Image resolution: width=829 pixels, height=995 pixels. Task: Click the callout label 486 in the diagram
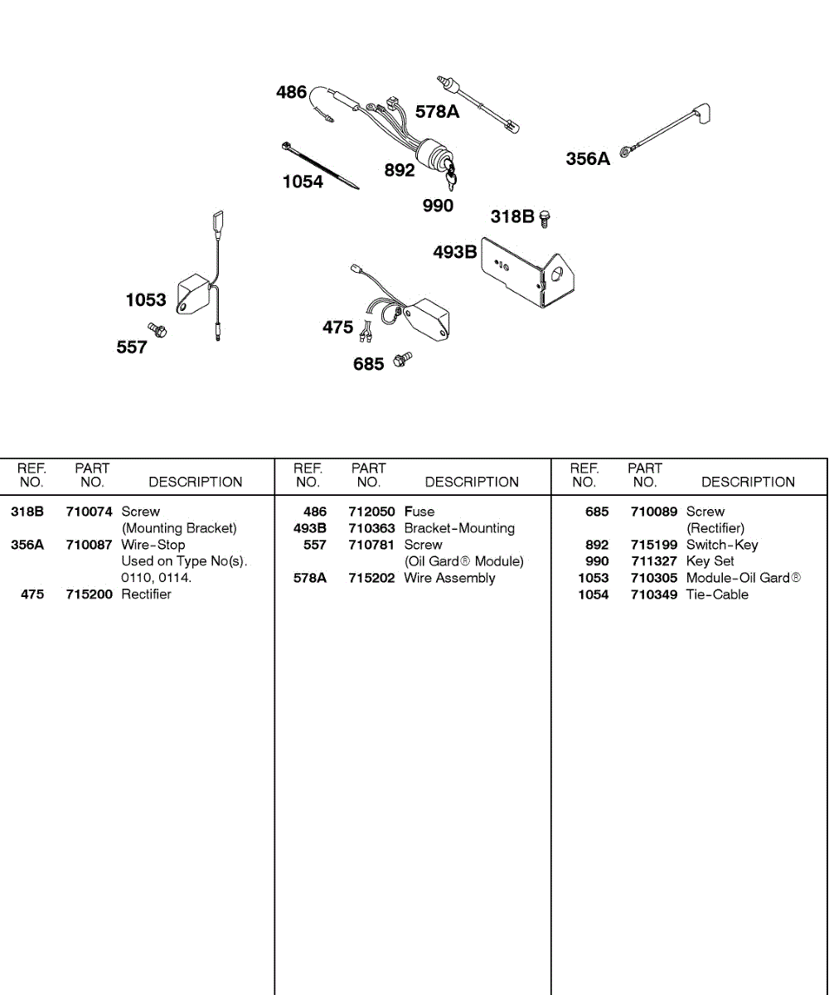click(x=291, y=92)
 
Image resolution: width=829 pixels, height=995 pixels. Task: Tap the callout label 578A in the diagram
click(x=437, y=112)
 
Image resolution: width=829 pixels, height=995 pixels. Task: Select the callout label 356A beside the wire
click(x=588, y=158)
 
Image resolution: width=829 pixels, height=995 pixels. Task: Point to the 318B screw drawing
click(x=545, y=218)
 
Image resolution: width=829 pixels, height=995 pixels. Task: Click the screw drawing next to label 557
click(x=158, y=329)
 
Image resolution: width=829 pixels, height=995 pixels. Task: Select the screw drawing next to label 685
click(x=402, y=359)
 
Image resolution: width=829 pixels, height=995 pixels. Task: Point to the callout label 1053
click(x=146, y=300)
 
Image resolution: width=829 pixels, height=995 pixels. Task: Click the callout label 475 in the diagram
click(x=337, y=328)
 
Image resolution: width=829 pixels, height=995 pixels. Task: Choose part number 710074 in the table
click(x=89, y=512)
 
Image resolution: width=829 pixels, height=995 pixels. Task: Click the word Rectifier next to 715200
click(x=147, y=595)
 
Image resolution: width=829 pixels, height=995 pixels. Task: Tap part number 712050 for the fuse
click(x=371, y=512)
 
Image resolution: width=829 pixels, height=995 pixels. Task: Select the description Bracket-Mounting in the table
click(x=459, y=528)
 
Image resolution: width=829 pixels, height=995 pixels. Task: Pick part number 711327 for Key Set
click(x=653, y=561)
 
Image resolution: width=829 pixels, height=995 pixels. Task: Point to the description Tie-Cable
click(x=717, y=595)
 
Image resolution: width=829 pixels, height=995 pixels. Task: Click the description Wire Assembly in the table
click(x=449, y=578)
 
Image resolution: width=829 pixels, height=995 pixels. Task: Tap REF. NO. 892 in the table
click(x=597, y=545)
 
